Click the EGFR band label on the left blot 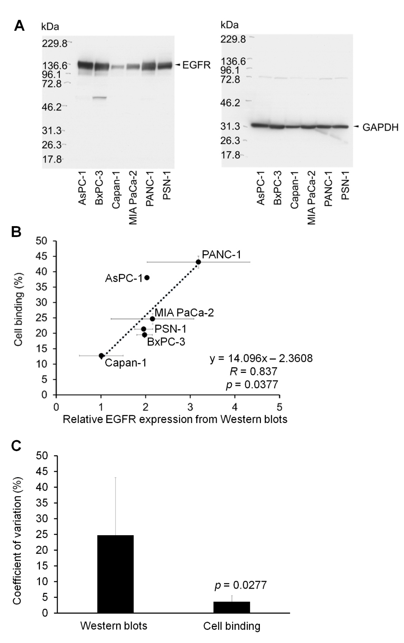[x=196, y=65]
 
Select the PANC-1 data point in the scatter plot [x=198, y=262]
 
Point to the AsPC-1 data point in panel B [x=147, y=278]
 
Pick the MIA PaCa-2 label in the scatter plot [x=184, y=313]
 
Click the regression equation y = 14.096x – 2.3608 [x=261, y=358]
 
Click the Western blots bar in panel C [x=115, y=574]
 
